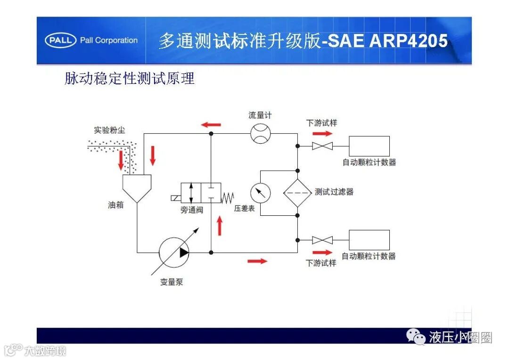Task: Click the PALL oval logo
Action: click(x=60, y=40)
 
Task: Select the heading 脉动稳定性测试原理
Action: click(x=129, y=79)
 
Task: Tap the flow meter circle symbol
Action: click(x=261, y=133)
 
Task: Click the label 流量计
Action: click(x=260, y=115)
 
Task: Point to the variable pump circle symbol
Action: click(x=174, y=252)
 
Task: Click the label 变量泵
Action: click(x=172, y=282)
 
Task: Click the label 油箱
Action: click(x=115, y=205)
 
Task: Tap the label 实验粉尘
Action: click(x=109, y=130)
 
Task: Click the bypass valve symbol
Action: click(x=201, y=193)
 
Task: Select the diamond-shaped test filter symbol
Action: click(x=297, y=193)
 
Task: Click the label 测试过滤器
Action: click(x=334, y=192)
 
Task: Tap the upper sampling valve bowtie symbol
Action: click(x=322, y=146)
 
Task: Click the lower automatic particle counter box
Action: click(x=369, y=240)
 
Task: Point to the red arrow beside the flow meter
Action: click(x=211, y=125)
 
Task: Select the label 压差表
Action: click(x=245, y=208)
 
